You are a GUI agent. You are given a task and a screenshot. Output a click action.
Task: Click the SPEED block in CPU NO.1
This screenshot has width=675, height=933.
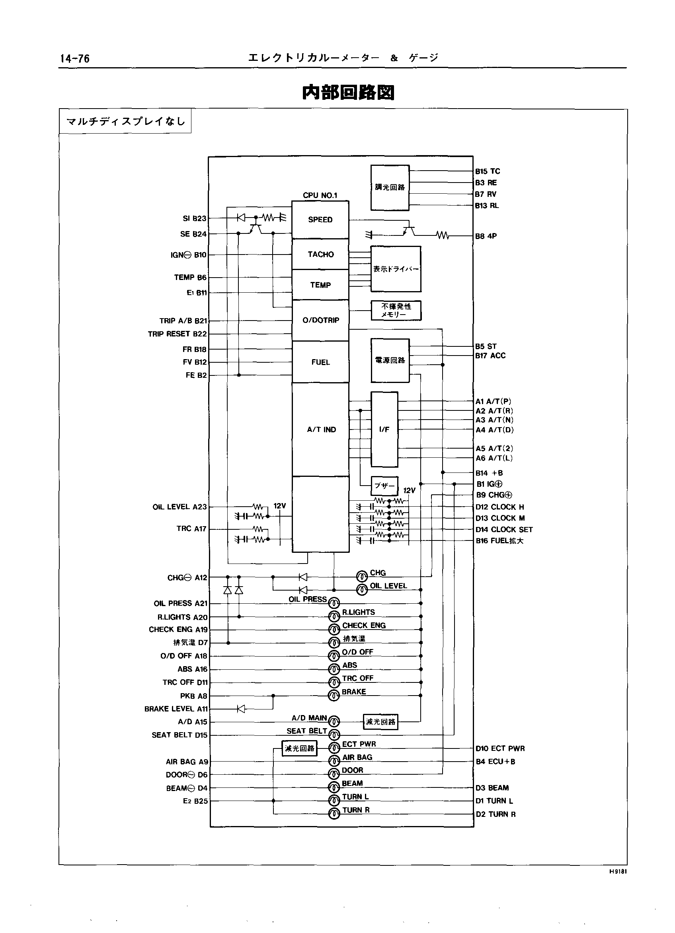(320, 220)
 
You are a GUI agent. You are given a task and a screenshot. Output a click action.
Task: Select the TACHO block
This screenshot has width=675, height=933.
(320, 254)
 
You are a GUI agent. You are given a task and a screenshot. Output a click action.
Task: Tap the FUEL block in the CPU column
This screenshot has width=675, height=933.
(320, 362)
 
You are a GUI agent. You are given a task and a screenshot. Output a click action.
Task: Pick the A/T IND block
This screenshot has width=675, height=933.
(321, 430)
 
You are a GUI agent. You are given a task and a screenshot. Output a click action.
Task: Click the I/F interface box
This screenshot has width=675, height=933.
(384, 430)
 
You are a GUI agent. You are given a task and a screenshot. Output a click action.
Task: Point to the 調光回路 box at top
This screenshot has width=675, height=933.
(390, 188)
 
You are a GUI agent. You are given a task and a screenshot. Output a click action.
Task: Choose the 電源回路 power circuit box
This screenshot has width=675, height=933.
(390, 360)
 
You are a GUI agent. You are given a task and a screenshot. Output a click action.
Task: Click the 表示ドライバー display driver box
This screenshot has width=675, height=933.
(396, 269)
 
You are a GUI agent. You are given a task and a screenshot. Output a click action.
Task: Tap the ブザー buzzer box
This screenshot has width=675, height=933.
(384, 486)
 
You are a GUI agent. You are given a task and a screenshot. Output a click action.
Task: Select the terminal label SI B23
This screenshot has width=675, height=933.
(194, 218)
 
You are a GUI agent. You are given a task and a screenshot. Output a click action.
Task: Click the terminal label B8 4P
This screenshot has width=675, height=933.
(486, 236)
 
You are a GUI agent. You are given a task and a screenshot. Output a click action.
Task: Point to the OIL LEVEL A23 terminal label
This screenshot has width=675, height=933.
(179, 507)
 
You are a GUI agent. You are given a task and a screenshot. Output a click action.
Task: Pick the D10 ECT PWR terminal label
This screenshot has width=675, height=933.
(500, 748)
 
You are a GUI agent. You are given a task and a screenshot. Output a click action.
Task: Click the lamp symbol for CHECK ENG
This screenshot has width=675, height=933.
(334, 629)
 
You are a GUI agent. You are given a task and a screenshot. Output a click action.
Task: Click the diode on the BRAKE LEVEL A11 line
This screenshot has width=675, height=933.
(241, 709)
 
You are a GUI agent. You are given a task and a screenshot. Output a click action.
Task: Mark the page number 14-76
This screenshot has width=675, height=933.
(74, 59)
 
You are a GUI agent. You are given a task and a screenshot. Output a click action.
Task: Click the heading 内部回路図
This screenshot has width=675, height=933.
(348, 93)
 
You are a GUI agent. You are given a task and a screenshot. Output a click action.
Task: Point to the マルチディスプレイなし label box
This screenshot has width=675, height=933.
(125, 121)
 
